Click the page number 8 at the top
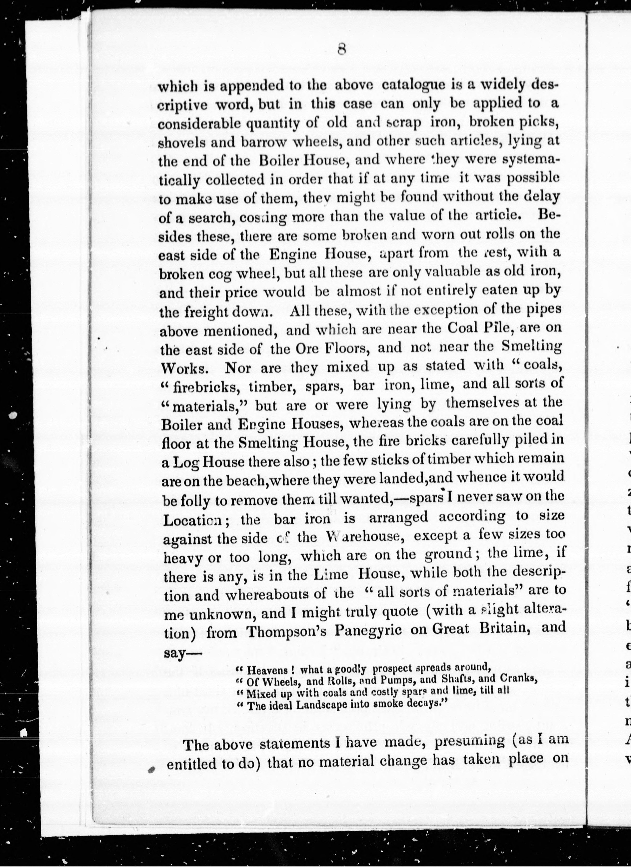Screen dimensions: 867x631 (x=342, y=49)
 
